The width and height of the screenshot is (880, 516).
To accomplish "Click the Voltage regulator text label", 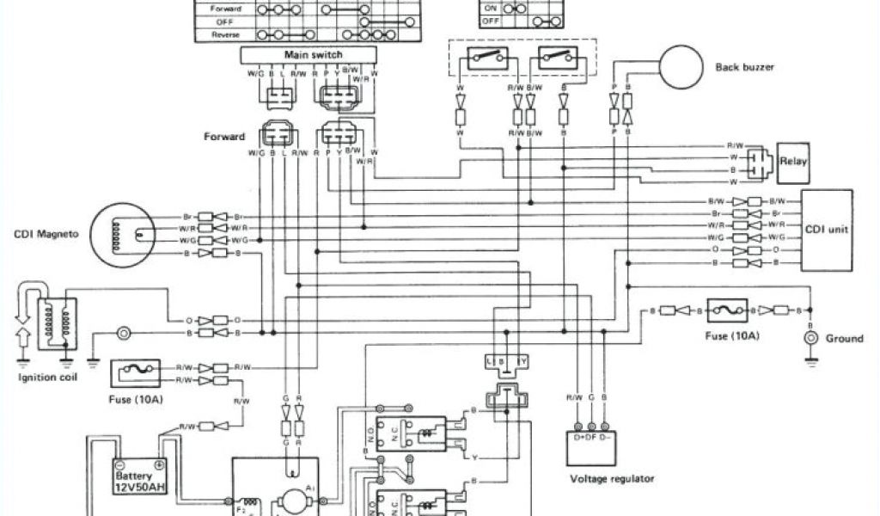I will coord(613,479).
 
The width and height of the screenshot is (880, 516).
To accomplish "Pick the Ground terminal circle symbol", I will coord(810,338).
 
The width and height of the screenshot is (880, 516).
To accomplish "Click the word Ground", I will coord(844,339).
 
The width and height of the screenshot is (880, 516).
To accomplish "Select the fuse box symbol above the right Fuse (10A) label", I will coord(728,310).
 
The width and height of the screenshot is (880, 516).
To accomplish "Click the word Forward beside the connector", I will coord(225,136).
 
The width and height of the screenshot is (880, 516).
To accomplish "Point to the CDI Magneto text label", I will coord(43,233).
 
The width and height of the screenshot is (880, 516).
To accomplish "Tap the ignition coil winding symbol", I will coord(53,316).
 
